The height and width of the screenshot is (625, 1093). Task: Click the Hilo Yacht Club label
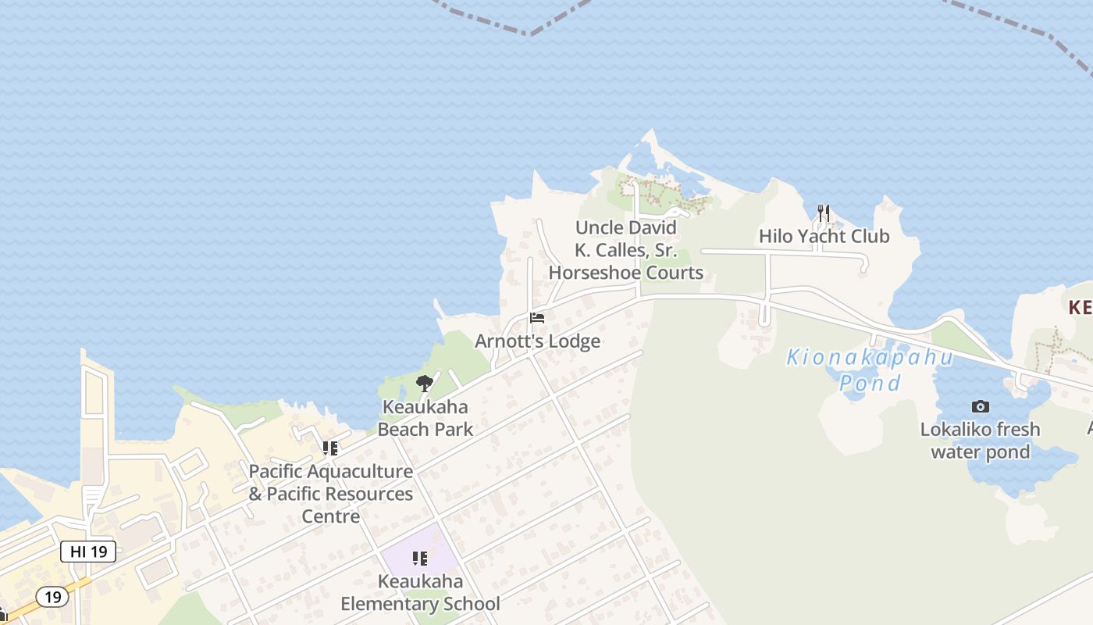coord(824,236)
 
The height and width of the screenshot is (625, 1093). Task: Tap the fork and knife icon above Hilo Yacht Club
coord(823,212)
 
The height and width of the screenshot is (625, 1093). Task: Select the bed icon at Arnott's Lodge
coord(536,318)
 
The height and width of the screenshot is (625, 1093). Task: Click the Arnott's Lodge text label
coord(537,341)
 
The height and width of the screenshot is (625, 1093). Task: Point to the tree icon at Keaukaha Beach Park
coord(425,383)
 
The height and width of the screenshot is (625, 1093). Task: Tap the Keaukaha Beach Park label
coord(425,418)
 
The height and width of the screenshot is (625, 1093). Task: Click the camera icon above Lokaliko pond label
coord(980,406)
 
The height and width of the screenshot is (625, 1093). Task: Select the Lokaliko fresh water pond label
coord(980,441)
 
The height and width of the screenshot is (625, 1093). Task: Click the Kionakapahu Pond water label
coord(870,370)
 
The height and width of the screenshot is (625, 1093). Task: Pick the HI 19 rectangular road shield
coord(88,552)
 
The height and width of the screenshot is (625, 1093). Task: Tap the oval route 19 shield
coord(52,598)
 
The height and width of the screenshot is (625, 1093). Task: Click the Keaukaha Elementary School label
coord(420,593)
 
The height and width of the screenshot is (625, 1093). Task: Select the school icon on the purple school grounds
coord(420,559)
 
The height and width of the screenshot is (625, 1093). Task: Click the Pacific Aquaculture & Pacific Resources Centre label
coord(330,494)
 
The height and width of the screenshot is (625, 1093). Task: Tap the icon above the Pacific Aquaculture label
coord(330,448)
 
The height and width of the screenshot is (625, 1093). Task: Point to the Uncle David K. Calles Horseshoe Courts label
coord(625,250)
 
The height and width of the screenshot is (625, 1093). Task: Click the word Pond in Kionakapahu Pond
coord(870,383)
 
